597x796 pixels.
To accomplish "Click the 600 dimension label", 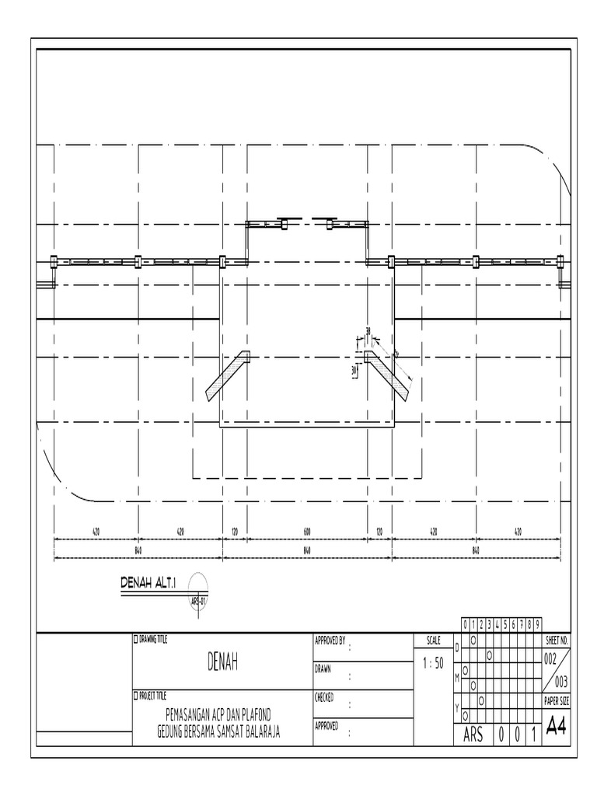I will tap(307, 532).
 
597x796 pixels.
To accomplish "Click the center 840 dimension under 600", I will tap(307, 550).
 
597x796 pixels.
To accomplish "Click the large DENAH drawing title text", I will tap(222, 662).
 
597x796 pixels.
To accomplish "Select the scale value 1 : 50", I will tap(434, 663).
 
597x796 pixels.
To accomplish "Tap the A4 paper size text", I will tap(557, 727).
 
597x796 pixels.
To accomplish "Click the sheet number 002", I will tap(550, 658).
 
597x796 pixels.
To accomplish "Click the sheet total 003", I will tap(563, 682).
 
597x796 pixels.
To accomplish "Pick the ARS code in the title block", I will tap(473, 735).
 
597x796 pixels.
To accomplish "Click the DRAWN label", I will tap(323, 668).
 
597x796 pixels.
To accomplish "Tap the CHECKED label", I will tap(325, 697).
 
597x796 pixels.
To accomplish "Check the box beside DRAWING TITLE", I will tap(136, 639).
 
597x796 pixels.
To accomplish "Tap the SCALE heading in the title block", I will tap(433, 641).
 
